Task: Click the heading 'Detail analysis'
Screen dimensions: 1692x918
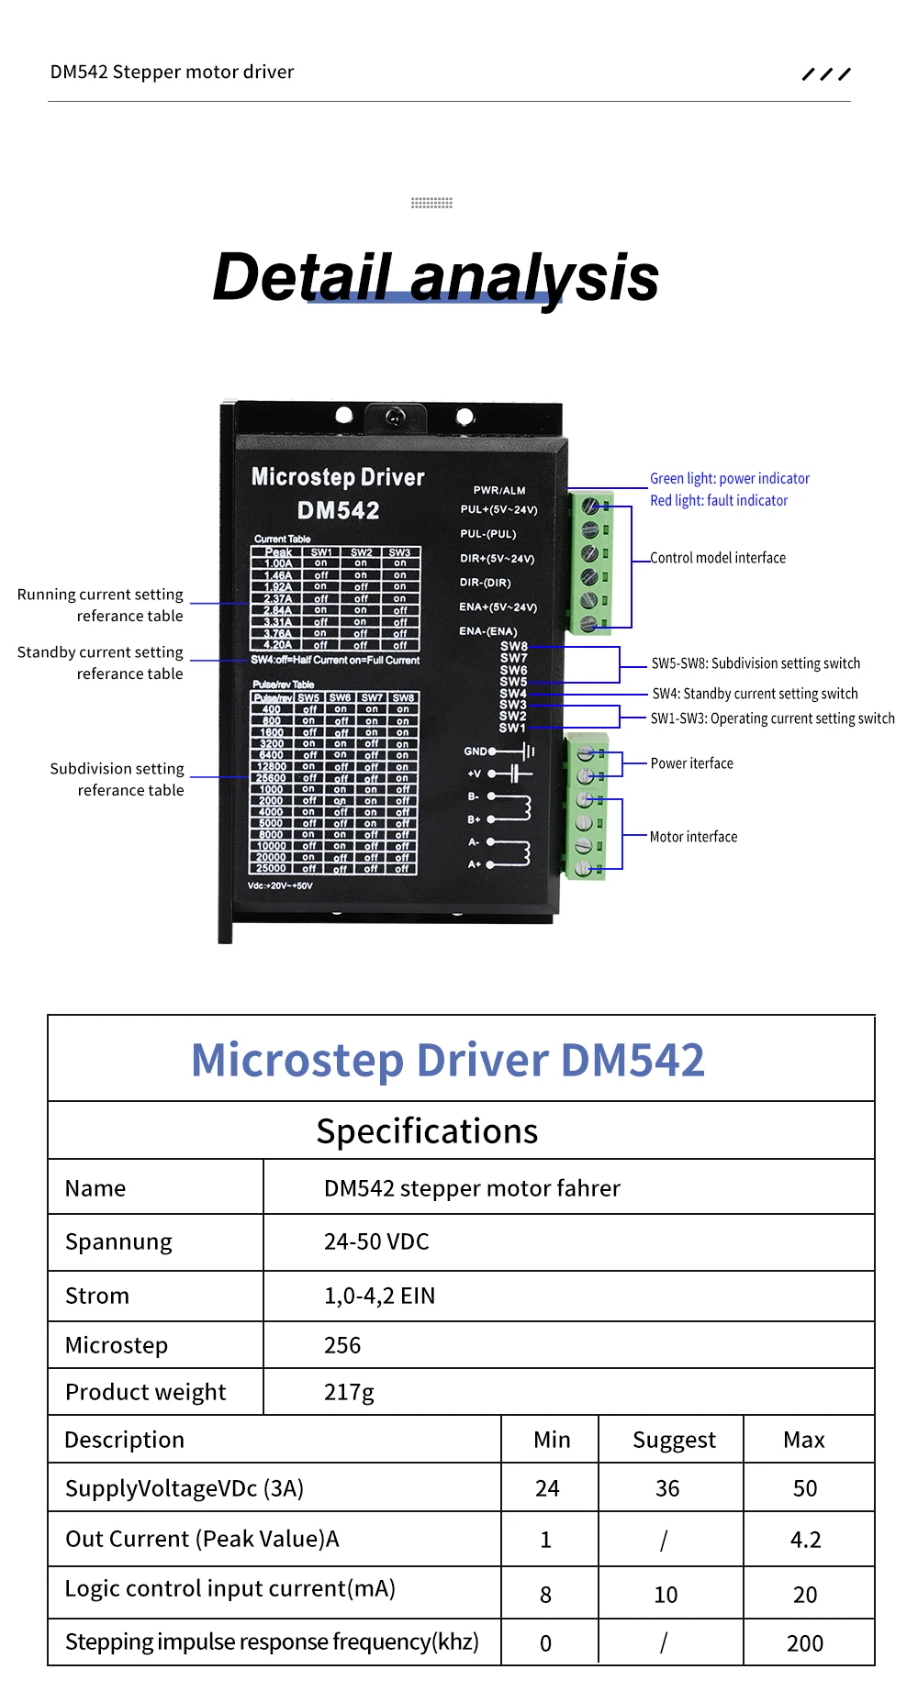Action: pyautogui.click(x=436, y=277)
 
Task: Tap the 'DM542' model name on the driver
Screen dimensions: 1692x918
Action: pyautogui.click(x=338, y=510)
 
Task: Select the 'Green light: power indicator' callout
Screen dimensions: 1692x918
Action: pyautogui.click(x=730, y=479)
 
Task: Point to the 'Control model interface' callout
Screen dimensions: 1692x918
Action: pyautogui.click(x=718, y=558)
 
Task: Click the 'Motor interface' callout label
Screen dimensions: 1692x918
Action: pyautogui.click(x=693, y=837)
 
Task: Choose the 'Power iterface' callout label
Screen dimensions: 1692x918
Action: pyautogui.click(x=691, y=763)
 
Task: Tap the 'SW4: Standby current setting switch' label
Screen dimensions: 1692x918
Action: pyautogui.click(x=755, y=694)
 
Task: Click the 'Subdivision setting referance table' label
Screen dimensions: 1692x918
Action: pyautogui.click(x=118, y=779)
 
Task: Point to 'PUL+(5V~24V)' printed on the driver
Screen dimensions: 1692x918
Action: pyautogui.click(x=498, y=510)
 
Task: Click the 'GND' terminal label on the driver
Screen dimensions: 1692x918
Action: pyautogui.click(x=475, y=751)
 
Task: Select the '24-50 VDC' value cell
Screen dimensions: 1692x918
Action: pyautogui.click(x=376, y=1241)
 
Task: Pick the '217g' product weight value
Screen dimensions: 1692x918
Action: pyautogui.click(x=349, y=1392)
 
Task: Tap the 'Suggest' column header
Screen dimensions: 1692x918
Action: pyautogui.click(x=674, y=1440)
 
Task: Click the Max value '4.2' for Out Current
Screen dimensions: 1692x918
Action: pyautogui.click(x=805, y=1539)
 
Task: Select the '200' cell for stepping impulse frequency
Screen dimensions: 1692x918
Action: pyautogui.click(x=804, y=1642)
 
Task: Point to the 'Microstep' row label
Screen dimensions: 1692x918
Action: pyautogui.click(x=117, y=1345)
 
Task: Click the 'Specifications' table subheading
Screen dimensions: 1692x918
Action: pyautogui.click(x=427, y=1131)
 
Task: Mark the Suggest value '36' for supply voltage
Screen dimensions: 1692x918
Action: pyautogui.click(x=667, y=1488)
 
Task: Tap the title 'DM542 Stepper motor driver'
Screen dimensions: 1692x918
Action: pyautogui.click(x=173, y=72)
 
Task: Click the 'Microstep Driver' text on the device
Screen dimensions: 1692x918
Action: pyautogui.click(x=338, y=477)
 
